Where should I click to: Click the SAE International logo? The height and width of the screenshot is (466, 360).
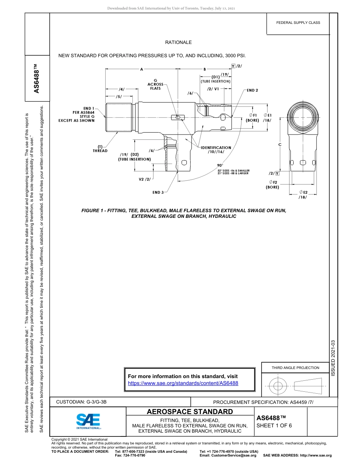(x=88, y=421)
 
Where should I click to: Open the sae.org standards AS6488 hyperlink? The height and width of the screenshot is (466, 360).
(x=183, y=383)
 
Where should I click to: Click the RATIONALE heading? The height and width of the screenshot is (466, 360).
(x=178, y=42)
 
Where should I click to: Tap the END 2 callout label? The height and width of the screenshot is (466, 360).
(x=252, y=90)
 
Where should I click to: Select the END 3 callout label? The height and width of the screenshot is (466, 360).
(x=158, y=192)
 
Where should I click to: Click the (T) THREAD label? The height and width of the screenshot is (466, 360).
(x=100, y=149)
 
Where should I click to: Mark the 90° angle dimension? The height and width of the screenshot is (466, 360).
(x=220, y=165)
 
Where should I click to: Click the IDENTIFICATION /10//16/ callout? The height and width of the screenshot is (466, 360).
(x=216, y=150)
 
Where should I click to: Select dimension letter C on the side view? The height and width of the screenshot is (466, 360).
(x=280, y=145)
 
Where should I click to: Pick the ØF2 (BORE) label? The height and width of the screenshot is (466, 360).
(x=272, y=185)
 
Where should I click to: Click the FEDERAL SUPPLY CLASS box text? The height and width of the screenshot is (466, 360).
(x=298, y=23)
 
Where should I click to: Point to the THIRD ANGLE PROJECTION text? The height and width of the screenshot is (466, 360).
(x=295, y=367)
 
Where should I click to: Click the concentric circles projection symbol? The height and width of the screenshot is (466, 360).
(x=278, y=386)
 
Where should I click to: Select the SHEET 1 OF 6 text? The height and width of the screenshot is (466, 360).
(x=274, y=425)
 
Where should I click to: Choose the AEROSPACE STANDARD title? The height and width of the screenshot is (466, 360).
(x=190, y=411)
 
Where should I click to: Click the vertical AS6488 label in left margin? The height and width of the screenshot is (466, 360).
(x=37, y=78)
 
